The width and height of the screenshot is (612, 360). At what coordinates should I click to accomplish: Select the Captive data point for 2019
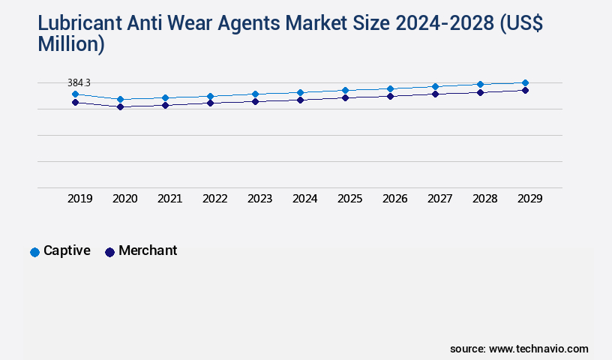(75, 94)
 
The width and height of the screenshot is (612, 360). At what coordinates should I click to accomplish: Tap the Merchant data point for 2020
(120, 106)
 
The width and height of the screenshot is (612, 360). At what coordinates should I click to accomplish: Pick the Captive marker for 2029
(525, 82)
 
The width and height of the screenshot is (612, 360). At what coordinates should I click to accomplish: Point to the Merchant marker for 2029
(525, 90)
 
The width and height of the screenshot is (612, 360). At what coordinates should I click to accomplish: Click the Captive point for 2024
(300, 92)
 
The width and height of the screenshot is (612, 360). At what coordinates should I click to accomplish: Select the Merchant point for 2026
(390, 96)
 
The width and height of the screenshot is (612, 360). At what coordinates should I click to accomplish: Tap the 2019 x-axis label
(80, 199)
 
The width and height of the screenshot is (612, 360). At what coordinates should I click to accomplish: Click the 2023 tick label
(259, 199)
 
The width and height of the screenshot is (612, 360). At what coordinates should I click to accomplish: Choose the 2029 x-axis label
(529, 199)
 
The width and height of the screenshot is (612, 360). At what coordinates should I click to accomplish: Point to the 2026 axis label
(394, 199)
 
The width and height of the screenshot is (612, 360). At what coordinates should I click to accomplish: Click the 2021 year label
(169, 199)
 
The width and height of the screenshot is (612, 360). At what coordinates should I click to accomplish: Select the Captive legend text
(67, 250)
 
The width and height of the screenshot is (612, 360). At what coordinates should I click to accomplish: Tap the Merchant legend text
(148, 250)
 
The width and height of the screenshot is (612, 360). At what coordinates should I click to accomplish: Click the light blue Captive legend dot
(34, 252)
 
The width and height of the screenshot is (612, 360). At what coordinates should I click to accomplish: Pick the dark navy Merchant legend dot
(109, 252)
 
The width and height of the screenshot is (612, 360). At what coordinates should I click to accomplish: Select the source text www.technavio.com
(538, 349)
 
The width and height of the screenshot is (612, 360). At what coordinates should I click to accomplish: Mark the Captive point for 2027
(435, 86)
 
